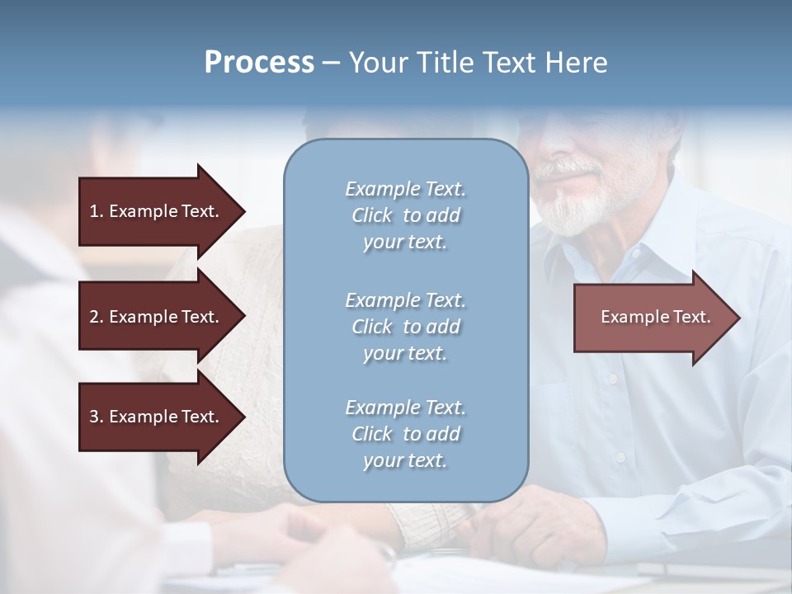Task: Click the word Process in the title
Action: [259, 63]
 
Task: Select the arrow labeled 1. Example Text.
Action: [157, 211]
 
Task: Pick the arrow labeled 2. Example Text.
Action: [157, 317]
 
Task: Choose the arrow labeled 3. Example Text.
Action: [157, 417]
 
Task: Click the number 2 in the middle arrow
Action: [94, 317]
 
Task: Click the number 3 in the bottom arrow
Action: [94, 417]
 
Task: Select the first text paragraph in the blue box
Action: [405, 215]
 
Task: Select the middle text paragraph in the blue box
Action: [405, 326]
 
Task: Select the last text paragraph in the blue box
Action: [405, 434]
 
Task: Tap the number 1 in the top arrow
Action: [94, 211]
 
